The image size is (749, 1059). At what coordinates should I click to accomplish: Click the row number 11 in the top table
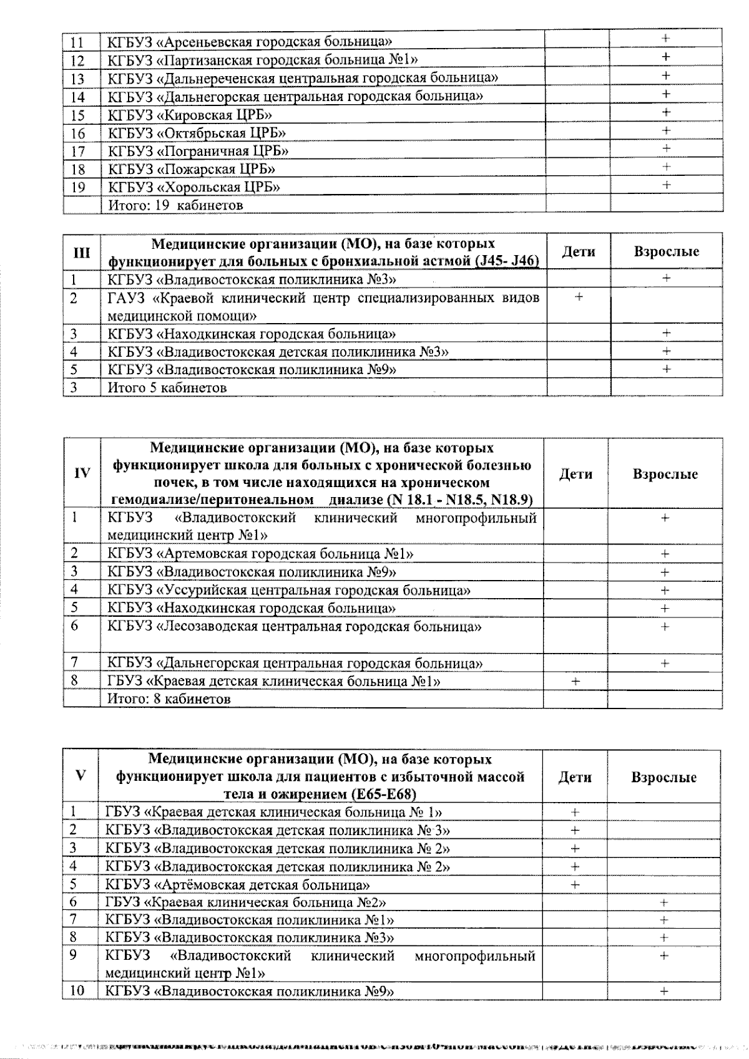(78, 42)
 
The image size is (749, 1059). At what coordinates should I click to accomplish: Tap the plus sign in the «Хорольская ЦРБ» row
(666, 185)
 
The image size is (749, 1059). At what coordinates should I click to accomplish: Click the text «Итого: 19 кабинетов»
(175, 205)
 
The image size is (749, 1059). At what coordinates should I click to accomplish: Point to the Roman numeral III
(82, 253)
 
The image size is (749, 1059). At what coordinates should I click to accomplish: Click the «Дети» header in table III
(579, 252)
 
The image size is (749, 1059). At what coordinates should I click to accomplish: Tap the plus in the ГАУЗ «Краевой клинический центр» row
(579, 297)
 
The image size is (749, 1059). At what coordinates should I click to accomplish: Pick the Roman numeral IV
(82, 473)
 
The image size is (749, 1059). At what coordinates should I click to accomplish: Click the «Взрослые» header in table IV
(665, 474)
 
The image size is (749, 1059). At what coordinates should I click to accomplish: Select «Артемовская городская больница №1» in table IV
(287, 553)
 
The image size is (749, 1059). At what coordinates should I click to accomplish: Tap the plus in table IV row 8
(575, 682)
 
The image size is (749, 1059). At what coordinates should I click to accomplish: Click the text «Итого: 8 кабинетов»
(169, 699)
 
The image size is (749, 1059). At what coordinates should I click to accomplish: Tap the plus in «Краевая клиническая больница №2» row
(663, 902)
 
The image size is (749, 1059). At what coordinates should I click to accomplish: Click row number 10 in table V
(77, 990)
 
